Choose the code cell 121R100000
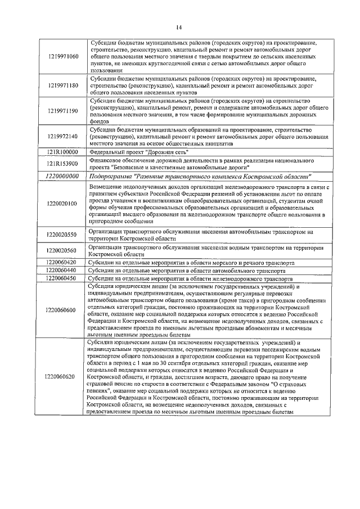pyautogui.click(x=62, y=152)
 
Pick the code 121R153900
pyautogui.click(x=62, y=164)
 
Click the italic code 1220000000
pyautogui.click(x=62, y=176)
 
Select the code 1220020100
pyautogui.click(x=62, y=204)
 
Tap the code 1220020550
pyautogui.click(x=62, y=235)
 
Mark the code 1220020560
pyautogui.click(x=62, y=250)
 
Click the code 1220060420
pyautogui.click(x=62, y=263)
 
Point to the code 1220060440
pyautogui.click(x=62, y=271)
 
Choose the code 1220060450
pyautogui.click(x=62, y=278)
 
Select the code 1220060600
pyautogui.click(x=62, y=310)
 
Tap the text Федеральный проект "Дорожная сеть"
pyautogui.click(x=138, y=152)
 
